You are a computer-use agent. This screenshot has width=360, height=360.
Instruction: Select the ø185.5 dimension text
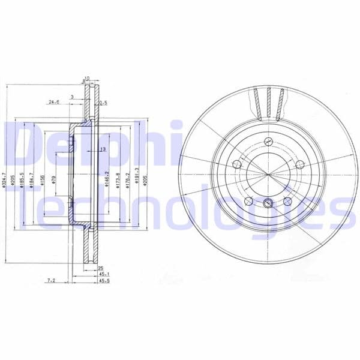click(x=22, y=181)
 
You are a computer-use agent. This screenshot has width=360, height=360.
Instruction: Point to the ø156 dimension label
click(x=41, y=181)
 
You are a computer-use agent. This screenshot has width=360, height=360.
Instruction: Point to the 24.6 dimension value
click(x=54, y=102)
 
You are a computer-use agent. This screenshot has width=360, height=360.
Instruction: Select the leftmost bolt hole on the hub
click(x=237, y=164)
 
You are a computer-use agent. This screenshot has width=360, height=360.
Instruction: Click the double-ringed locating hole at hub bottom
click(x=268, y=203)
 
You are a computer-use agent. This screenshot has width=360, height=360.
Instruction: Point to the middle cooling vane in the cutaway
click(x=268, y=102)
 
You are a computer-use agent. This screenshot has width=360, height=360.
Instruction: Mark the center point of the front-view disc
click(x=268, y=174)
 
